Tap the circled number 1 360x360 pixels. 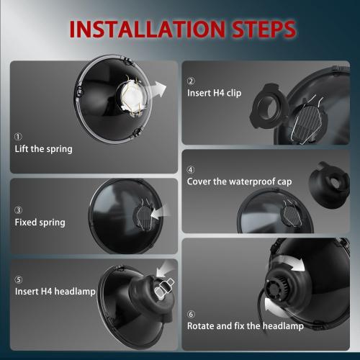point(18,137)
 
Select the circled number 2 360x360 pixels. point(191,81)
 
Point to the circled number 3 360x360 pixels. point(18,210)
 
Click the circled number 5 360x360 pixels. point(18,279)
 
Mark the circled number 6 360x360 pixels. point(191,314)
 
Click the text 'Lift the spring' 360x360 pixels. point(43,150)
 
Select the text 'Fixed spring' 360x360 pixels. point(40,222)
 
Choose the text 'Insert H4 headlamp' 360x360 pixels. point(53,292)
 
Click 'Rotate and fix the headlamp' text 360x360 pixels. point(246,326)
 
